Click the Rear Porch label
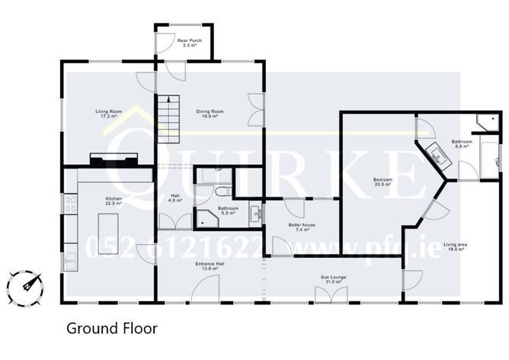click(187, 43)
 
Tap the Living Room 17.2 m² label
click(110, 114)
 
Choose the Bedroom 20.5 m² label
click(382, 182)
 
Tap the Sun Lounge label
click(332, 280)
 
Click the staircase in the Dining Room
click(169, 119)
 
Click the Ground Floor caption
click(111, 329)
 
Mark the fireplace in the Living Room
click(114, 159)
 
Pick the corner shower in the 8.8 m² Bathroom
click(485, 122)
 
